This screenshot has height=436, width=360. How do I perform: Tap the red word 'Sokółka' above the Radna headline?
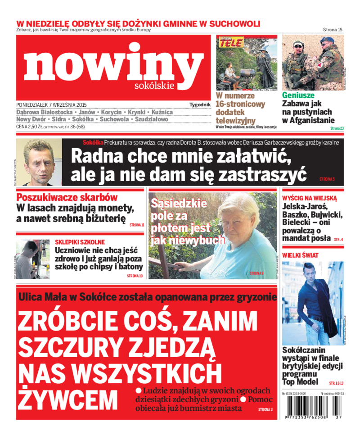pos(92,143)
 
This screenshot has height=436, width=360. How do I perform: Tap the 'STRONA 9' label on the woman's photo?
pos(256,273)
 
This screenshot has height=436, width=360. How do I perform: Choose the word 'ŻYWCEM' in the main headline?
pos(68,398)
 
